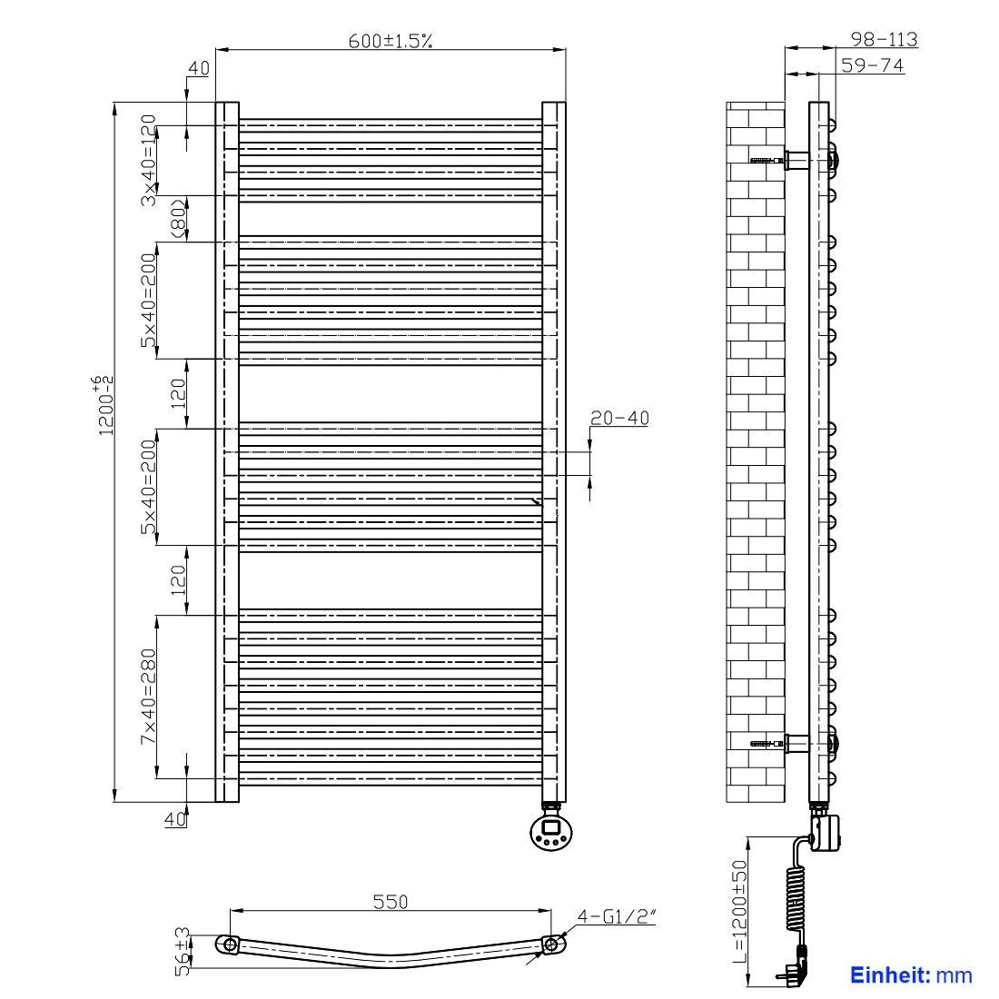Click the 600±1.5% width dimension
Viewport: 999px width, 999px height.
pos(390,41)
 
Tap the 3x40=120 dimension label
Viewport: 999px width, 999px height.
pos(148,160)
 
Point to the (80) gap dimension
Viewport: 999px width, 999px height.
pos(179,219)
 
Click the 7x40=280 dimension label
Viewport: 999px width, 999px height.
pos(148,697)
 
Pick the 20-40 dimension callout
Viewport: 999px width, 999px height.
pos(619,418)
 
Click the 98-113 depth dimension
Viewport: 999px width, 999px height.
pos(885,39)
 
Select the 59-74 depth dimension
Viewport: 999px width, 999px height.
pos(872,65)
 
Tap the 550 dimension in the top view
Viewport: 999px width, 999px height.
pos(390,902)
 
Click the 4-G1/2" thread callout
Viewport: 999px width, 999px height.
pos(616,916)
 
